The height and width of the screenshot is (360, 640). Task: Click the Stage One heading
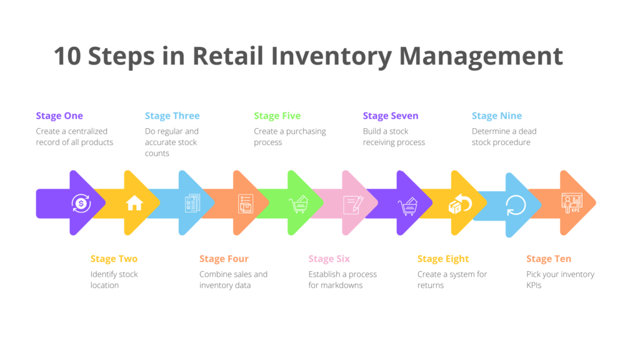coord(59,116)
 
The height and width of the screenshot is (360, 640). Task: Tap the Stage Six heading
coord(329,259)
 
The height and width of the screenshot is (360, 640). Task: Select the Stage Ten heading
coord(549,259)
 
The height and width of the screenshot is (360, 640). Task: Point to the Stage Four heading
coord(224,259)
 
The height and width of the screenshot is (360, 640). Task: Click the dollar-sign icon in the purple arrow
coord(81,203)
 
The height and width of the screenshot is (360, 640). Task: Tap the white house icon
coord(134,203)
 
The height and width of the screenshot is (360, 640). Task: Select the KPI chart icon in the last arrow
coord(572,203)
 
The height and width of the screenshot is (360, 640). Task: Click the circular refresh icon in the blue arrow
coord(516,205)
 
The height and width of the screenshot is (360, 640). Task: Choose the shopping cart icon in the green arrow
coord(299,204)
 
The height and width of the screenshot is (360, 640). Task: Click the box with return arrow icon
coord(460,204)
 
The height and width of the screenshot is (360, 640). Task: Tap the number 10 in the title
coord(67,56)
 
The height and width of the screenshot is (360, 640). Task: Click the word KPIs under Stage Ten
coord(534,285)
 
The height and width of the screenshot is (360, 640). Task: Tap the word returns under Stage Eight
coord(431,285)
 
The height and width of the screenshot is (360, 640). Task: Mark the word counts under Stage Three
coord(157,154)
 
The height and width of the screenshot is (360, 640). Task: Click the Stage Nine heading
coord(497,116)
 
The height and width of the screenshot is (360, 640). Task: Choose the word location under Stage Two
coord(104,285)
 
